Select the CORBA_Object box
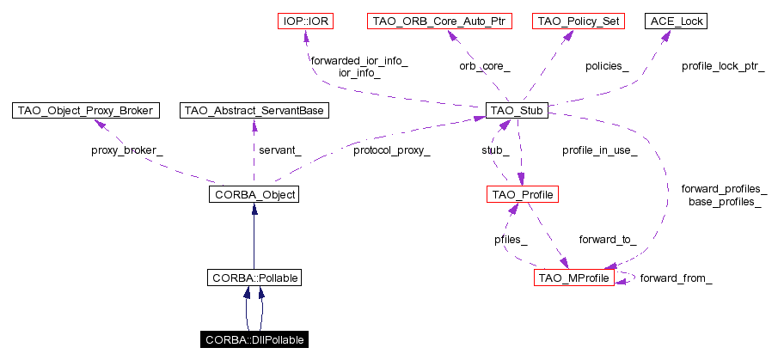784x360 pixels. pos(253,195)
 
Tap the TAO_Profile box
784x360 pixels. pos(523,195)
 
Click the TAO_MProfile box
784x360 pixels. pos(574,278)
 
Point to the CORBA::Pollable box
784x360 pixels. pos(253,278)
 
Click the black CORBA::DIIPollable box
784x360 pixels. pos(253,340)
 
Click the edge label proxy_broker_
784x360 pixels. pos(126,150)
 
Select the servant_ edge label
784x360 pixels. pos(280,150)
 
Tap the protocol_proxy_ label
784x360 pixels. pos(392,150)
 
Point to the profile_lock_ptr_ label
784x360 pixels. pos(723,65)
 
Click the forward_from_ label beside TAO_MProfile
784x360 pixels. pos(677,278)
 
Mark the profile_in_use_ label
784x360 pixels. pos(599,150)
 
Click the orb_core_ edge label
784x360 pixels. pos(484,65)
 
